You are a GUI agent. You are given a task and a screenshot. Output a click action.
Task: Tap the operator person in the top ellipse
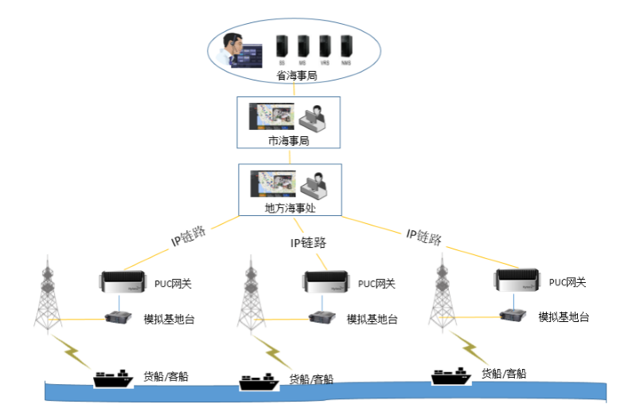click(x=234, y=49)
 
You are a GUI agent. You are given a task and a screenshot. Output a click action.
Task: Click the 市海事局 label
click(x=288, y=140)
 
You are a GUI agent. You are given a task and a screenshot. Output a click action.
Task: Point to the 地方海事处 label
click(x=290, y=208)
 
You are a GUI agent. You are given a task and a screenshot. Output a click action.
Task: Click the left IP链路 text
click(x=189, y=236)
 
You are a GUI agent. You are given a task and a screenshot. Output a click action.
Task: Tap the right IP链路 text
click(x=424, y=236)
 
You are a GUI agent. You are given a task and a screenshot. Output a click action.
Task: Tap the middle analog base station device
click(x=322, y=318)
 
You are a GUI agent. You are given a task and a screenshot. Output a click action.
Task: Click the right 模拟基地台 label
click(x=564, y=316)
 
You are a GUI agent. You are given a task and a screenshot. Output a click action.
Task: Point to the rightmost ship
click(x=451, y=375)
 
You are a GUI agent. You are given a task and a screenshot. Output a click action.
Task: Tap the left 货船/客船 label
click(x=167, y=375)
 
